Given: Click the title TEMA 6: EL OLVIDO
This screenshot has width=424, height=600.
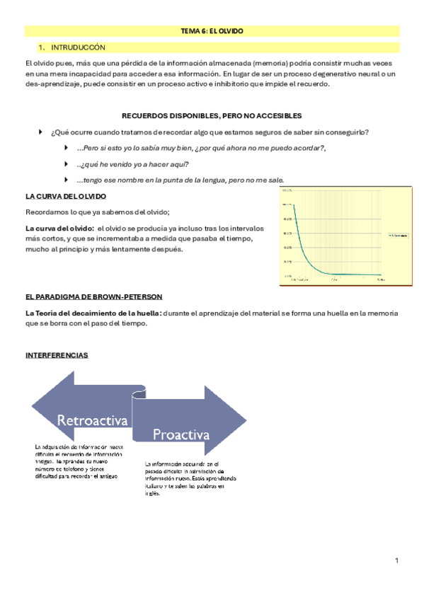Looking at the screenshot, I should [x=212, y=31].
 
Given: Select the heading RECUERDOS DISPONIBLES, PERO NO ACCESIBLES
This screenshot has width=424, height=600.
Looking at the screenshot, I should [x=212, y=115].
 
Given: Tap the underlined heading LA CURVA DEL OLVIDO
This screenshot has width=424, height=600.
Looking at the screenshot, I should [x=65, y=195].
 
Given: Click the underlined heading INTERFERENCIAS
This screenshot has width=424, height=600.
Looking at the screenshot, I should [x=57, y=355].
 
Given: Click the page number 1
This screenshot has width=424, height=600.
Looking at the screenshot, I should [x=397, y=561].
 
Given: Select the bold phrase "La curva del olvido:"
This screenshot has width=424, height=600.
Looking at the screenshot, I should [x=59, y=229].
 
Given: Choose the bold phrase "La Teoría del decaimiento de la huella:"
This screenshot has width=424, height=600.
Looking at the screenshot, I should [x=93, y=313].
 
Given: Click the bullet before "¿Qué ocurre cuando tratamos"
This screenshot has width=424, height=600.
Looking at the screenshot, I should [x=40, y=132].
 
